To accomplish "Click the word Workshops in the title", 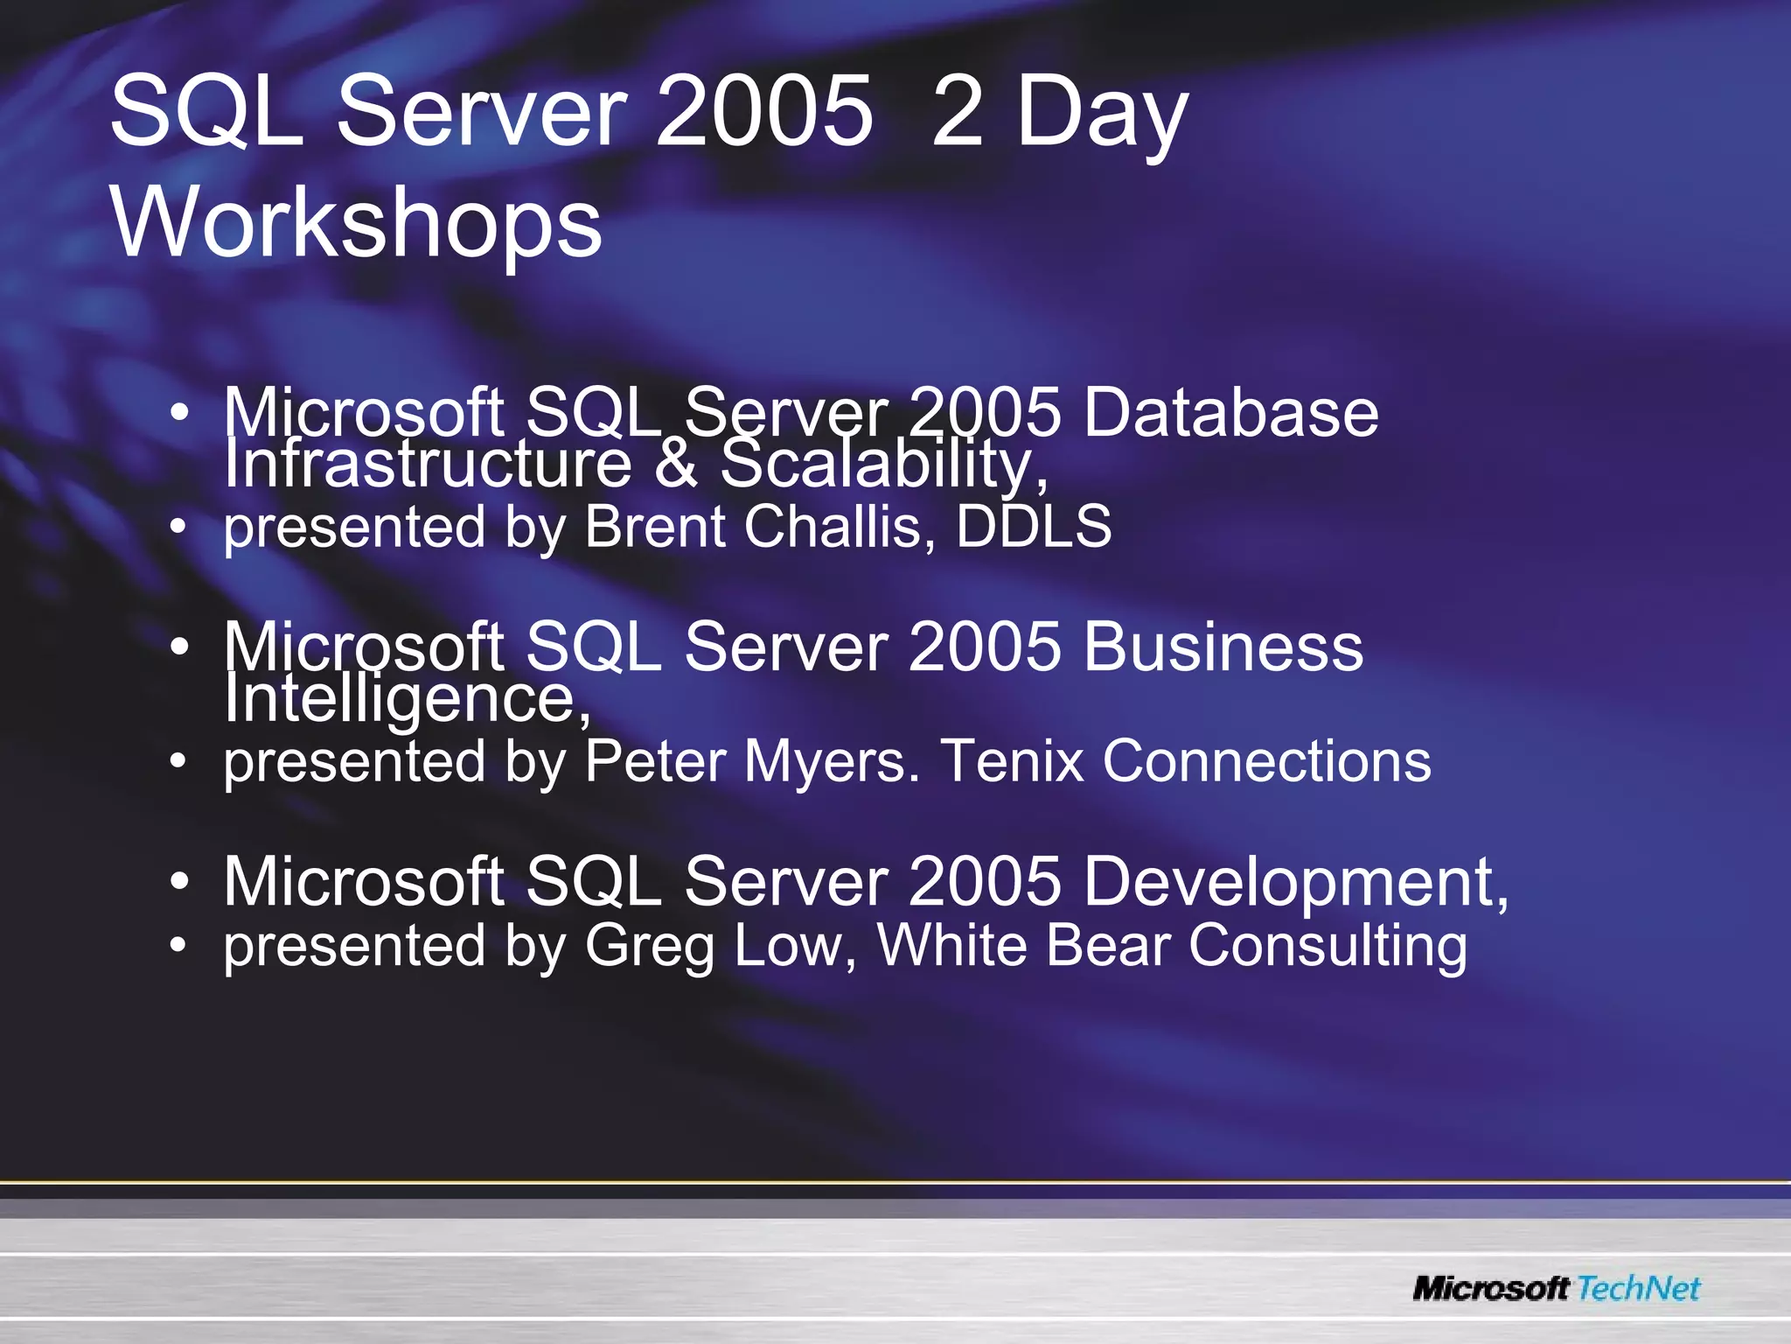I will (357, 223).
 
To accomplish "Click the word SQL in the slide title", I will (206, 112).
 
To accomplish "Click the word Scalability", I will (883, 464).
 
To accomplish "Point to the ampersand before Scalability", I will (675, 464).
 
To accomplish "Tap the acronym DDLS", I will (1033, 527).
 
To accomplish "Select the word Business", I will (1223, 647).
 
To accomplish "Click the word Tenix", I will (1012, 761).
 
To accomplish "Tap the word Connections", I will (1266, 761).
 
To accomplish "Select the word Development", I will (1295, 882).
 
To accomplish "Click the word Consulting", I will (1328, 947).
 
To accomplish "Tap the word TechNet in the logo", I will (1639, 1288).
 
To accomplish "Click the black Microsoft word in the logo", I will (1491, 1288).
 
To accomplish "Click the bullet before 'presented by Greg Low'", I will (178, 945).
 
